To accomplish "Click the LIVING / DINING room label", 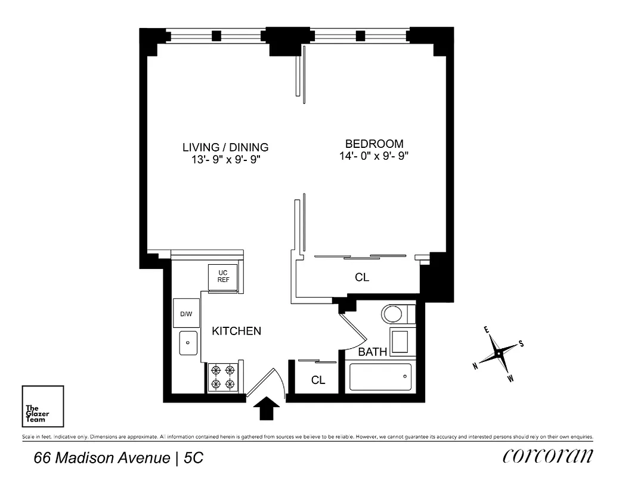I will [225, 147].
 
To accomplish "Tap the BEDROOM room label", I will [374, 144].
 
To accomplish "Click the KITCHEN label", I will [236, 331].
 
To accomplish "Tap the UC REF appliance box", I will [223, 276].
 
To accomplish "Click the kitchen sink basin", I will [188, 344].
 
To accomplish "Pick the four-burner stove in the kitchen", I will [223, 377].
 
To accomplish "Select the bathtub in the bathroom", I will [380, 377].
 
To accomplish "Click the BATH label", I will [372, 352].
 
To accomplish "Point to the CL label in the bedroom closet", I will [362, 277].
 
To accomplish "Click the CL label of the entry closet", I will [318, 380].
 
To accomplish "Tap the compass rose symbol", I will [499, 354].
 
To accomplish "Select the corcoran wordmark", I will [548, 457].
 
